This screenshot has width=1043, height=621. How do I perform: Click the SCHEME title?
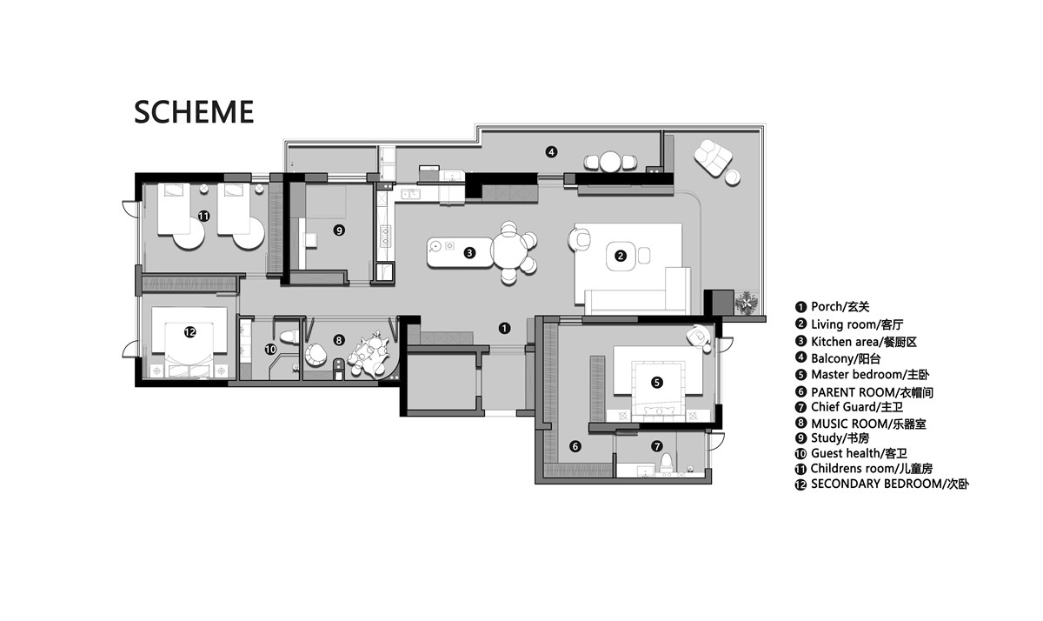[194, 112]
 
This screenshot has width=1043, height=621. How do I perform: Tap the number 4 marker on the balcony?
[551, 152]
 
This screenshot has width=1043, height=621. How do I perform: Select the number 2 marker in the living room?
[621, 256]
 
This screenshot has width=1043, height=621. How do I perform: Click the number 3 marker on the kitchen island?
[469, 253]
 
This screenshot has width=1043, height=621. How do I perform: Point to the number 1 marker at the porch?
[504, 329]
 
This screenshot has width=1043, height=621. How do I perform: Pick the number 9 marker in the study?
[339, 230]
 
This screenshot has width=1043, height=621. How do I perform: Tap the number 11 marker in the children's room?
[203, 217]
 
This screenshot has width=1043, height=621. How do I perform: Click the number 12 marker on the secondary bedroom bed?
[190, 332]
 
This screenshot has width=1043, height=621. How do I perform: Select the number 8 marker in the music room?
[339, 340]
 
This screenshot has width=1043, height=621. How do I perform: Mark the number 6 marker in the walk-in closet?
[575, 446]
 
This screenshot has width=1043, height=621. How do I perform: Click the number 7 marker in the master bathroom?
[656, 446]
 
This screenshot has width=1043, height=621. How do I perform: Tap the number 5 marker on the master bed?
[656, 383]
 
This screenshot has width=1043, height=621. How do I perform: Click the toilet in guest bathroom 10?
[289, 337]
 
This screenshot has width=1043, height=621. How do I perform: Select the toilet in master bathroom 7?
[667, 463]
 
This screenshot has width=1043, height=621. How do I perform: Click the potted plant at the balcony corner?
[747, 303]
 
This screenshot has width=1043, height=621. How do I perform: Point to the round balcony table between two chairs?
[610, 162]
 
